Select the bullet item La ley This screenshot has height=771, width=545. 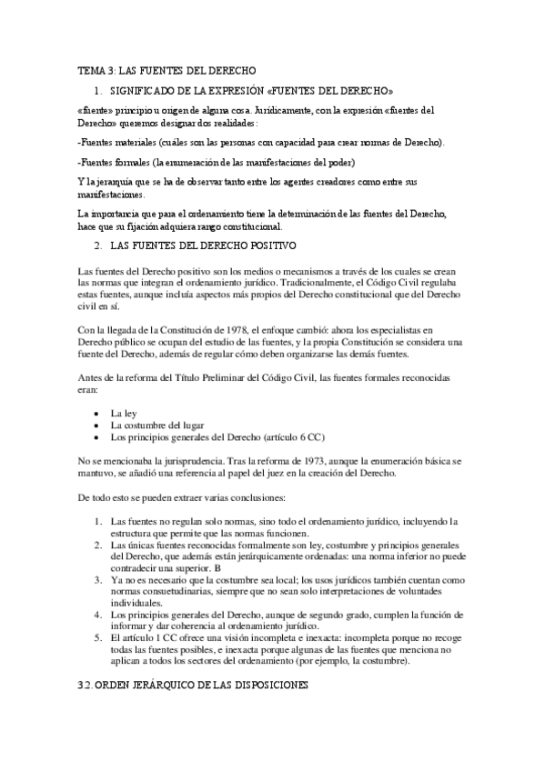point(123,412)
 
